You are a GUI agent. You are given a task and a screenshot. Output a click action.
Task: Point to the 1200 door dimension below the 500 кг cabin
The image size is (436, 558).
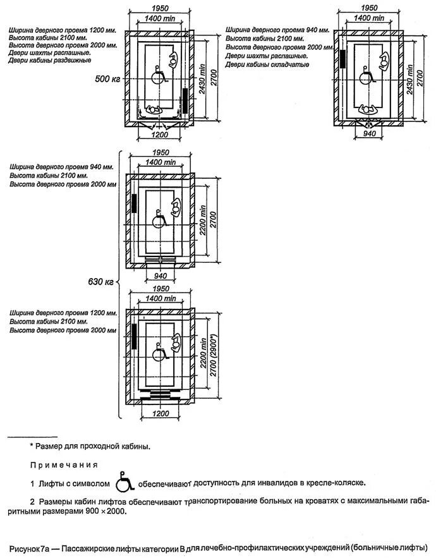coord(160,135)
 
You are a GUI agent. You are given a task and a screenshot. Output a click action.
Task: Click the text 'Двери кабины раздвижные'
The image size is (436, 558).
coord(48,61)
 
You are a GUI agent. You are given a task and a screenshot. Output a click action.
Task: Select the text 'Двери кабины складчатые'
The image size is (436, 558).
coord(268,64)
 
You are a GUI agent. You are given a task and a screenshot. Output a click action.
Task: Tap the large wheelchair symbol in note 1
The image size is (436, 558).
coord(125,483)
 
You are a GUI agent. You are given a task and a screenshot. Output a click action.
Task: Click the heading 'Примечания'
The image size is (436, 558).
coord(64,464)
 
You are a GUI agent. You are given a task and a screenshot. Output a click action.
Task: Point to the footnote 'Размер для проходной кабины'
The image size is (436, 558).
coord(92,446)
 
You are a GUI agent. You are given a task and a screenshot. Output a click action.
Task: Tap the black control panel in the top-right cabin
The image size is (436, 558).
coord(342,59)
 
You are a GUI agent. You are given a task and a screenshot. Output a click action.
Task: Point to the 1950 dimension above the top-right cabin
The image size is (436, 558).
coord(369,8)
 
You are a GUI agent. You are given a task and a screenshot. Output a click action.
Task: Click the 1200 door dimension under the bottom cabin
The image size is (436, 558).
coord(160,414)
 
